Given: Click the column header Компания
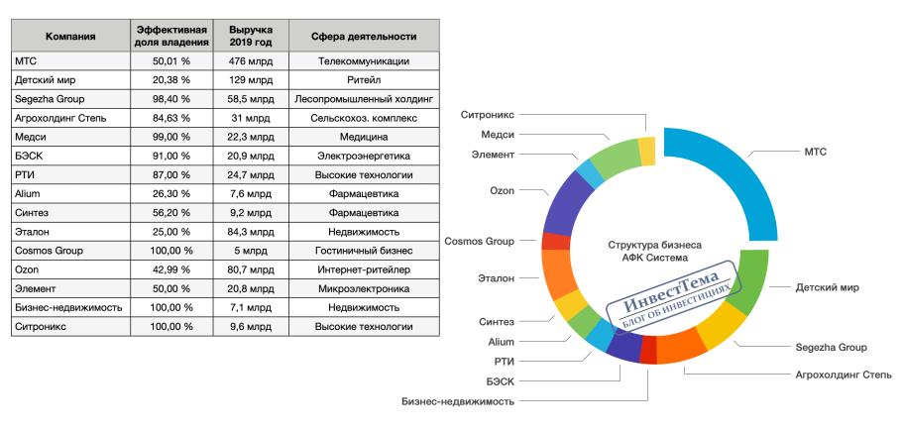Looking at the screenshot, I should coord(70,37).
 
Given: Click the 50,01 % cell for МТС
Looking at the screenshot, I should coord(171,60).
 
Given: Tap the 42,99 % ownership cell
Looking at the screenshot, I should coord(171,268).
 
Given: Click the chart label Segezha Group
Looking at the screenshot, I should coord(831,348).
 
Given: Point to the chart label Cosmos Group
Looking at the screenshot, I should coord(479,241).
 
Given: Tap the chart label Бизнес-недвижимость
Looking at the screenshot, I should coord(458,401).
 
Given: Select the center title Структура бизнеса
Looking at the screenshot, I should coord(646,244).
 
